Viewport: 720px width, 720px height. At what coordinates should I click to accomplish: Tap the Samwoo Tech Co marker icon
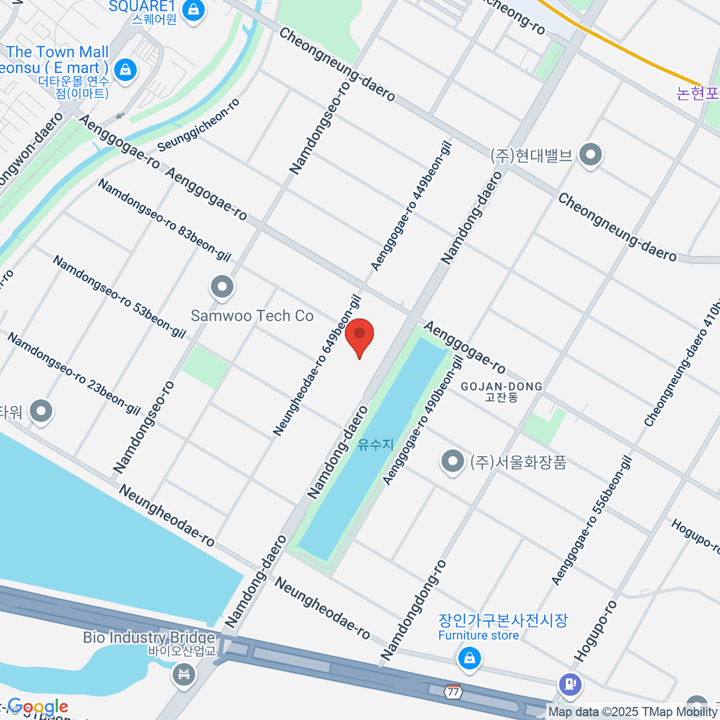point(222,287)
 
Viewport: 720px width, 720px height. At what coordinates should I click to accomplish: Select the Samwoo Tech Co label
point(252,316)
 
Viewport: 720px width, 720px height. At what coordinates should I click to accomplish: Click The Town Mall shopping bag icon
point(125,70)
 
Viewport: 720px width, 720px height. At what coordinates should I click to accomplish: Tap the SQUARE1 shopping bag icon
point(193,10)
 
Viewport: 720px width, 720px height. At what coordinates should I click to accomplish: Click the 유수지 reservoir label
point(376,445)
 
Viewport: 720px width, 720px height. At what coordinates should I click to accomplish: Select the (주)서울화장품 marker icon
point(452,461)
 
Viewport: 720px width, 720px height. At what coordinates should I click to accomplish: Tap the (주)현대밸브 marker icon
point(591,155)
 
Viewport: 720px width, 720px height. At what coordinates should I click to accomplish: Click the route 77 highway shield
point(453,692)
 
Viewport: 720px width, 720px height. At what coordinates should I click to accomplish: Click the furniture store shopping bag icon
point(469,659)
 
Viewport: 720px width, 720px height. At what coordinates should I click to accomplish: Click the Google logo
point(37,707)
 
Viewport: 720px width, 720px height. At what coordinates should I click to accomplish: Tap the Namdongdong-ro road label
point(413,610)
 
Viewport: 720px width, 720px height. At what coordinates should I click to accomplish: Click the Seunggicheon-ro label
point(199,125)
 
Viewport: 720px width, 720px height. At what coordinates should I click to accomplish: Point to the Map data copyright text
point(633,712)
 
